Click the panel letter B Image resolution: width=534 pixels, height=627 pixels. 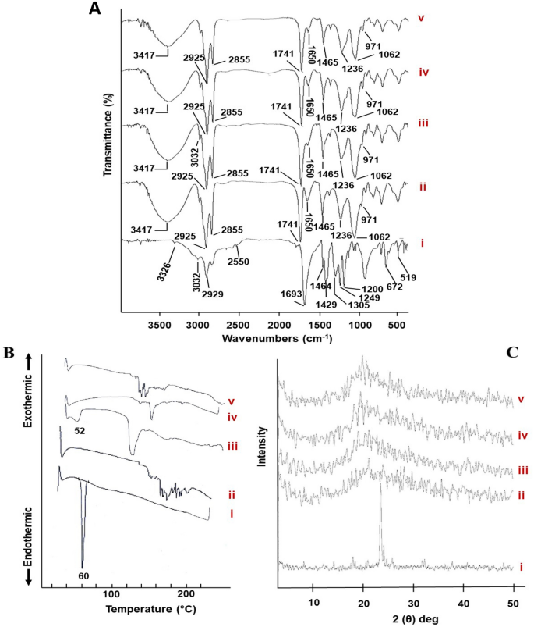coord(12,353)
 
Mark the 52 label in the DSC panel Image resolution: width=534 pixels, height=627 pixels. coord(79,430)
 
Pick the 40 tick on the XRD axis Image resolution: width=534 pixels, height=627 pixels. coord(464,603)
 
